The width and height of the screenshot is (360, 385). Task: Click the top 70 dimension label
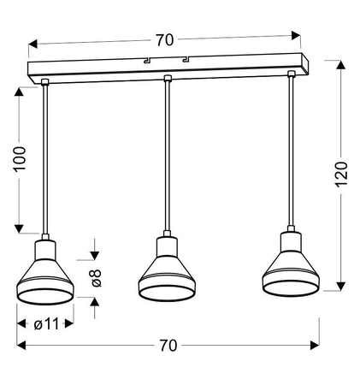click(164, 40)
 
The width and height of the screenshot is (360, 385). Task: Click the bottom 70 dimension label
click(168, 346)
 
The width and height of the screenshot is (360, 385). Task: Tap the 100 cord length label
click(20, 159)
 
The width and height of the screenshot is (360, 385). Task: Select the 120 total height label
click(341, 175)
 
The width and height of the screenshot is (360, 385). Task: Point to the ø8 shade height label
click(96, 278)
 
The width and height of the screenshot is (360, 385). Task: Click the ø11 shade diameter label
click(46, 324)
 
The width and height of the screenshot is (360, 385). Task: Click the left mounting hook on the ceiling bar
click(147, 60)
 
